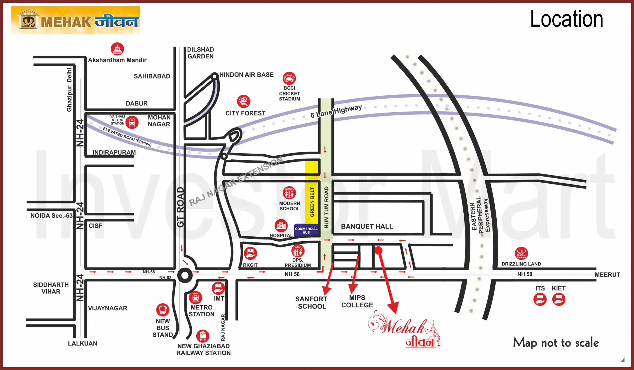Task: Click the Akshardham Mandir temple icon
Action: [117, 49]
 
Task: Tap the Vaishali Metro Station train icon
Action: [132, 122]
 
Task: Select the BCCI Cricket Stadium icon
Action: [289, 78]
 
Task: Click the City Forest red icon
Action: [243, 101]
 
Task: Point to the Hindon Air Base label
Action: [246, 75]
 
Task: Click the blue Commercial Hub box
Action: [306, 230]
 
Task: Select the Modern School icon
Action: [289, 193]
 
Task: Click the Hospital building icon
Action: [281, 225]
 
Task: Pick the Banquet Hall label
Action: [367, 226]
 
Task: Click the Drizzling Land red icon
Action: [521, 253]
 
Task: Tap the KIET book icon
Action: [558, 299]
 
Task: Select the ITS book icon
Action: [540, 299]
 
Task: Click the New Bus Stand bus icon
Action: [162, 310]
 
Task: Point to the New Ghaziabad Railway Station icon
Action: [203, 336]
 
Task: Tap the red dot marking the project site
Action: [378, 250]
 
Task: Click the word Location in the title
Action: [566, 19]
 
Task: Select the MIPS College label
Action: [357, 301]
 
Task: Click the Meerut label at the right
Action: [607, 275]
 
